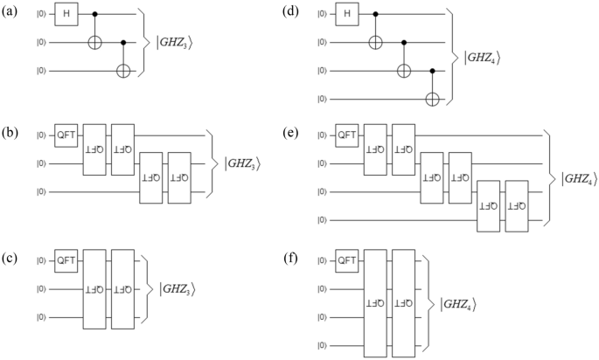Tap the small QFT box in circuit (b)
tap(66, 135)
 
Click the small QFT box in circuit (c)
tap(66, 260)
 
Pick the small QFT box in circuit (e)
tap(347, 135)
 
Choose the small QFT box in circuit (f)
tap(347, 260)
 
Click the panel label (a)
tap(11, 11)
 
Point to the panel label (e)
tap(291, 134)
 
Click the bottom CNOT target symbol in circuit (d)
tap(431, 97)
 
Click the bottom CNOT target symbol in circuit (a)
tap(122, 69)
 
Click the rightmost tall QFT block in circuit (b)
tap(179, 177)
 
